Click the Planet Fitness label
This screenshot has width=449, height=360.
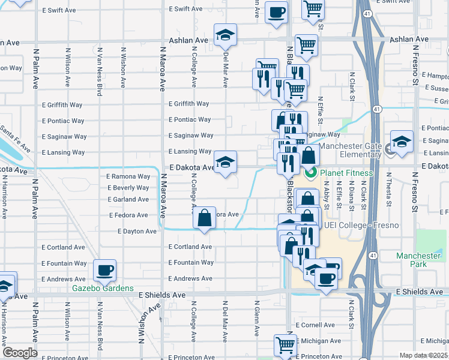346,173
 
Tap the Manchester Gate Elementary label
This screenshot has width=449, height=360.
350,150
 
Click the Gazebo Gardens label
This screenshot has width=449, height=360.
103,288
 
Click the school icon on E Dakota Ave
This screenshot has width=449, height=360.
225,163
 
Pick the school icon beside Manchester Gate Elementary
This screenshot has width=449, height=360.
402,143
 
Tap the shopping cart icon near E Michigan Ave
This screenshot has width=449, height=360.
285,345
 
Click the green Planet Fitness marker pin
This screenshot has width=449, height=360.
311,173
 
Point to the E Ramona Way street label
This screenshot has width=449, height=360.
128,177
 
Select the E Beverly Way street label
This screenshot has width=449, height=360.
128,188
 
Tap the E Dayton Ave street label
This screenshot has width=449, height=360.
133,231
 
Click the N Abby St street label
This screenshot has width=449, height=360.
327,197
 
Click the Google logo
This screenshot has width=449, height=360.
20,353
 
